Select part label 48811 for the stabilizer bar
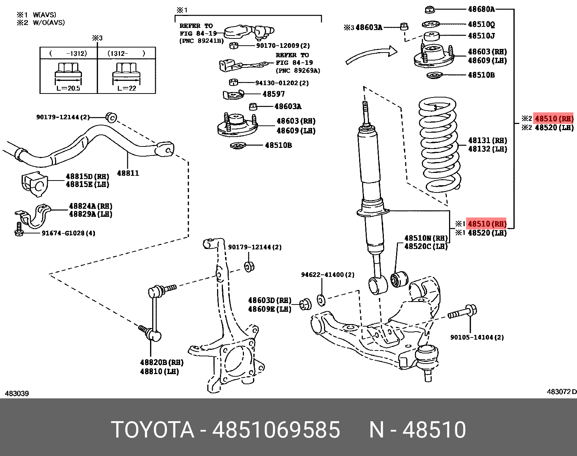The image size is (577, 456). [128, 173]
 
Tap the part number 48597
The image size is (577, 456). [274, 94]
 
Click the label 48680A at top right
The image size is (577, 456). [481, 9]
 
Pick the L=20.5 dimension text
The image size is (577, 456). [68, 88]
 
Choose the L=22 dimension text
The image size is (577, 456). [126, 88]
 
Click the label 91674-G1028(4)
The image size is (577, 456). [68, 233]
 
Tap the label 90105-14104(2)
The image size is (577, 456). [477, 337]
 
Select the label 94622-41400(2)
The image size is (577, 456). [328, 275]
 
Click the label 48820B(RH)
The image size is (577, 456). [162, 362]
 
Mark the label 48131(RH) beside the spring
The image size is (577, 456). [487, 140]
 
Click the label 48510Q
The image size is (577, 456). [481, 24]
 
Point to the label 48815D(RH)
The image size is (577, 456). [87, 177]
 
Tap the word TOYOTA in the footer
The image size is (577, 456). [153, 430]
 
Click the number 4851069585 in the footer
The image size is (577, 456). [276, 430]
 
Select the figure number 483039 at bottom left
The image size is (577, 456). [17, 393]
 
